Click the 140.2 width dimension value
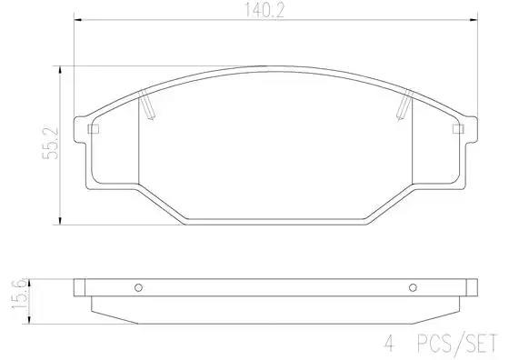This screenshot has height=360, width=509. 264,10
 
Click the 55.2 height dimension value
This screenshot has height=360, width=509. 51,143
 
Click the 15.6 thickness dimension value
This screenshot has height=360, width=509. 19,294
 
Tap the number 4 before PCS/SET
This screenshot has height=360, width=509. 389,343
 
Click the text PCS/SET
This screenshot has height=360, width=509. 457,343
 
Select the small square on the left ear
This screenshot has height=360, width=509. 93,129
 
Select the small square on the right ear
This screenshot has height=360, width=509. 458,129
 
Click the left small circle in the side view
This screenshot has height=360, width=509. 138,287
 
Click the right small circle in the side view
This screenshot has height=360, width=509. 413,287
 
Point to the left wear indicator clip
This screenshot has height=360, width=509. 147,105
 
